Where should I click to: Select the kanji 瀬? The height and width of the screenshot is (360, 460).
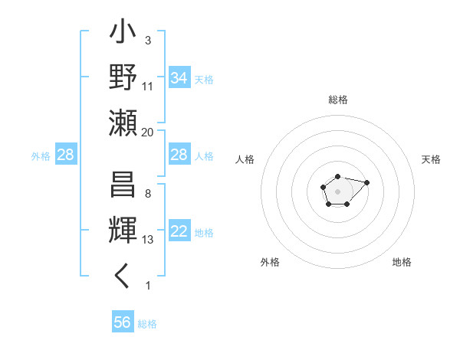123,123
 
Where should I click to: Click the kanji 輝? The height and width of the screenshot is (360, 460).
123,232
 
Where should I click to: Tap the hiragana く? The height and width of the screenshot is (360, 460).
123,277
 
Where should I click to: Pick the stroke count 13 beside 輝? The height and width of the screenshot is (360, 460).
148,240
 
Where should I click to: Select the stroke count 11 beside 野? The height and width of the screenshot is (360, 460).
148,86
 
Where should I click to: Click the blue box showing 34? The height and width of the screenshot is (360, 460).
179,78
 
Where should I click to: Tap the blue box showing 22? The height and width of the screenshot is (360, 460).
179,232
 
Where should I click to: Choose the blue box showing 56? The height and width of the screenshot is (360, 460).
123,322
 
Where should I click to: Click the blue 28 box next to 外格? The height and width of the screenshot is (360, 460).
66,155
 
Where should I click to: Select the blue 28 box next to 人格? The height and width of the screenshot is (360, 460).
179,155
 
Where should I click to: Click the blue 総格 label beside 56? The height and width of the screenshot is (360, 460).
147,323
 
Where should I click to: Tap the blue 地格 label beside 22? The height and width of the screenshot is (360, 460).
204,233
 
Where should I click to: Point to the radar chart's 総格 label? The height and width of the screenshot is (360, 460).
337,100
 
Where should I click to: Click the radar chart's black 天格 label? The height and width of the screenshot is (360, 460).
431,159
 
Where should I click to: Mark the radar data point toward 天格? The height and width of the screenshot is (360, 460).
366,182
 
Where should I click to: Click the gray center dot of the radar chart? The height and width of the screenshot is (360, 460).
337,191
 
